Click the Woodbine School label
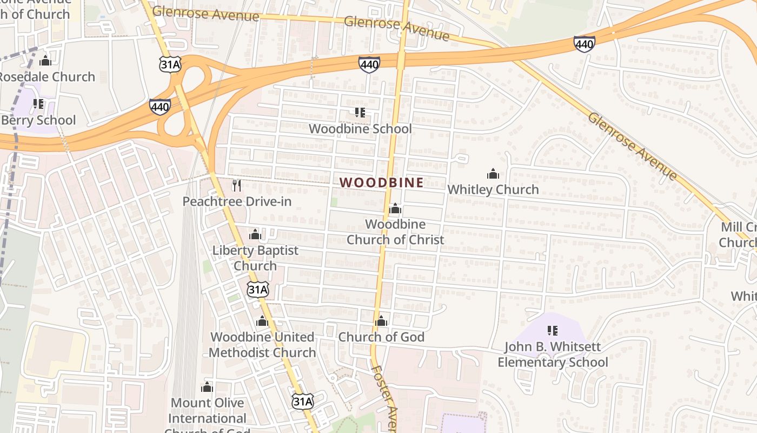click(360, 129)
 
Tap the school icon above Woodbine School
click(360, 113)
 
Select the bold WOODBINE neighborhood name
click(382, 182)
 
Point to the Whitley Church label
click(493, 189)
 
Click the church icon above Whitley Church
click(493, 174)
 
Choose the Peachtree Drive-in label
click(237, 201)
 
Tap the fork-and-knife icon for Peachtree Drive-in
click(236, 186)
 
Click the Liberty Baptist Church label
click(255, 258)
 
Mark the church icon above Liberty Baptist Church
click(255, 235)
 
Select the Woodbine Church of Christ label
click(395, 232)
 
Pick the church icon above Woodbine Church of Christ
click(395, 209)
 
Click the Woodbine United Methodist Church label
click(262, 345)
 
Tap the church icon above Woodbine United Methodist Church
click(262, 322)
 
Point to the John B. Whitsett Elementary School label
click(553, 355)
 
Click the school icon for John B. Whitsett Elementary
click(553, 330)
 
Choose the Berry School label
click(38, 120)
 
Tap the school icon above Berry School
click(38, 103)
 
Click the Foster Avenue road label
click(385, 398)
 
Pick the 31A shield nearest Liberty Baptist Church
click(258, 290)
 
